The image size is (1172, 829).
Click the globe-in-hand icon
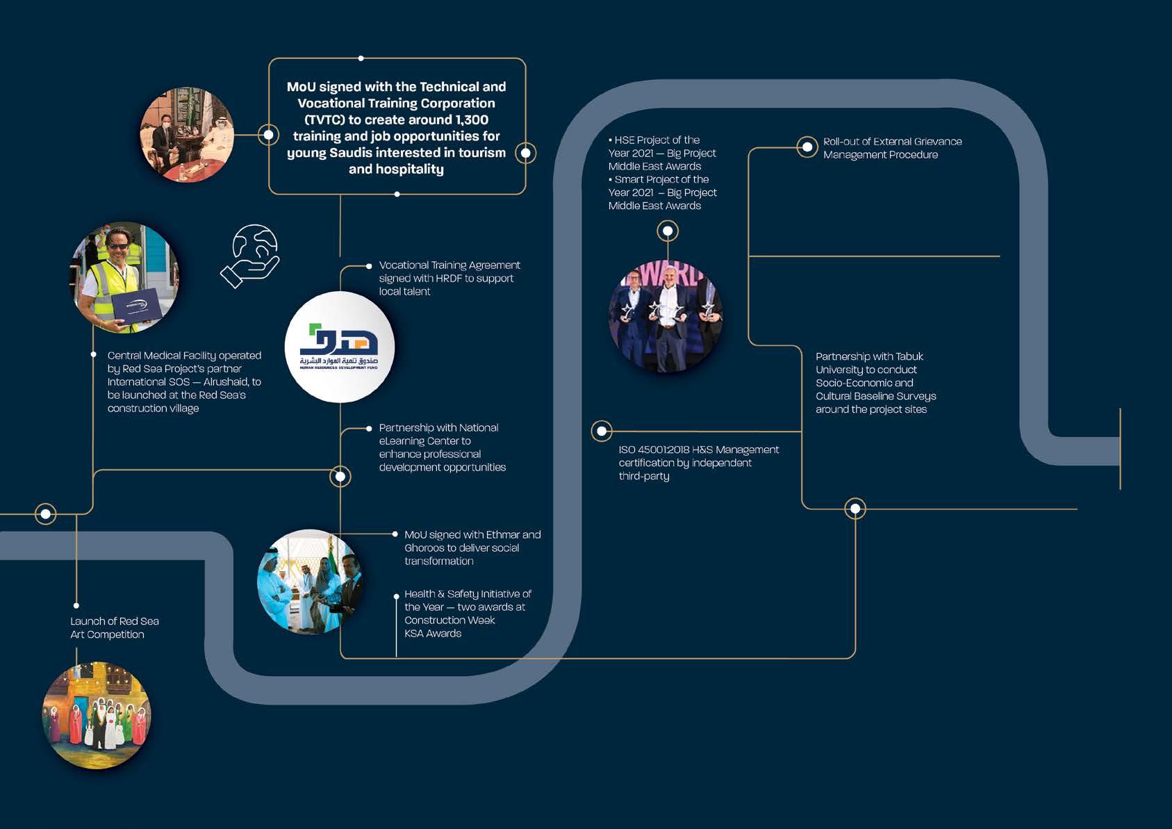pos(251,255)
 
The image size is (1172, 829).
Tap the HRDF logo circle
pos(340,347)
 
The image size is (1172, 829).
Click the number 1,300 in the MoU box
pos(472,120)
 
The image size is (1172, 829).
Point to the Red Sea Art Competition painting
pos(97,715)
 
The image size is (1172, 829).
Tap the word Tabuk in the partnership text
pos(909,356)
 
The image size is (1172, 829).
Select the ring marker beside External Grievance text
pos(807,147)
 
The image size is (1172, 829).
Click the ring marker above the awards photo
pos(668,231)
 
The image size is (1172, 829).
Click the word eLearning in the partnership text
pos(404,441)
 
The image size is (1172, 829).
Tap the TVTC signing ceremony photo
pos(187,135)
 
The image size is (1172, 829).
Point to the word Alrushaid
pos(226,381)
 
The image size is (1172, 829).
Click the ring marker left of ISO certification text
pos(602,431)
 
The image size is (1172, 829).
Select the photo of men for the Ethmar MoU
pos(309,582)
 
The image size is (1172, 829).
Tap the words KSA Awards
pos(433,633)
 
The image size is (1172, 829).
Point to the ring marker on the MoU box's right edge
pos(526,153)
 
